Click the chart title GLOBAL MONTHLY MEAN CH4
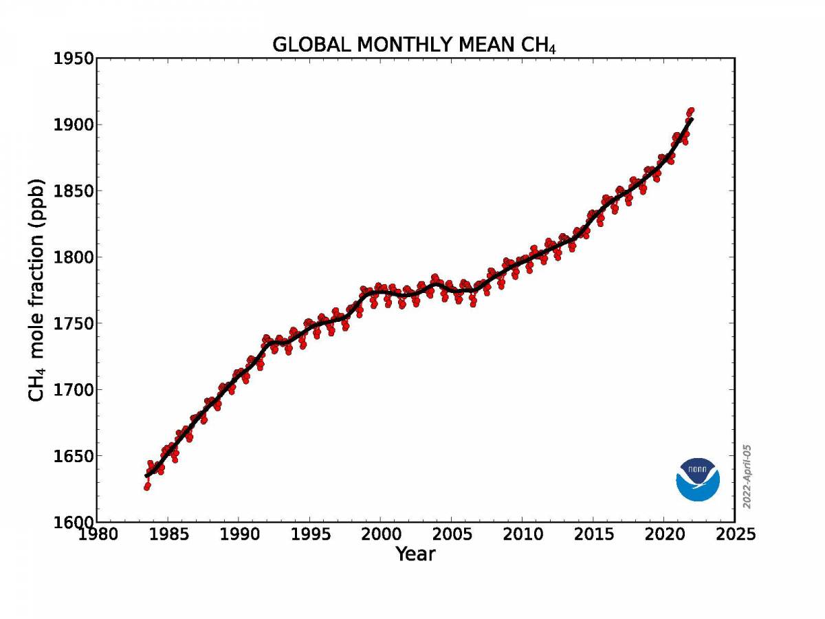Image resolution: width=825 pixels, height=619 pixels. [x=414, y=45]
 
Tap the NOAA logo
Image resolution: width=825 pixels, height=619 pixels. [x=698, y=479]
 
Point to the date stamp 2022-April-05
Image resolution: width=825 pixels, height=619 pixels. [x=747, y=476]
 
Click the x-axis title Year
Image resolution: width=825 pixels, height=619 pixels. [x=415, y=554]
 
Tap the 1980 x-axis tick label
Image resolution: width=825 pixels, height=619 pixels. [x=97, y=534]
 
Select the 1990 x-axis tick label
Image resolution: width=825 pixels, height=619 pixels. [x=239, y=534]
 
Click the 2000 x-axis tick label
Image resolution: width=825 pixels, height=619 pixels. [x=380, y=534]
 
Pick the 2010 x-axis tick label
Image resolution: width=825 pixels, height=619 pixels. [x=522, y=534]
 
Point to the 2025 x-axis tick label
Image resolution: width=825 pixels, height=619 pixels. [x=734, y=534]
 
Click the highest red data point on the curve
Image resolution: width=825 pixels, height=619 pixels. [x=691, y=110]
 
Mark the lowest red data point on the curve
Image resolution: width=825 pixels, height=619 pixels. [x=146, y=487]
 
